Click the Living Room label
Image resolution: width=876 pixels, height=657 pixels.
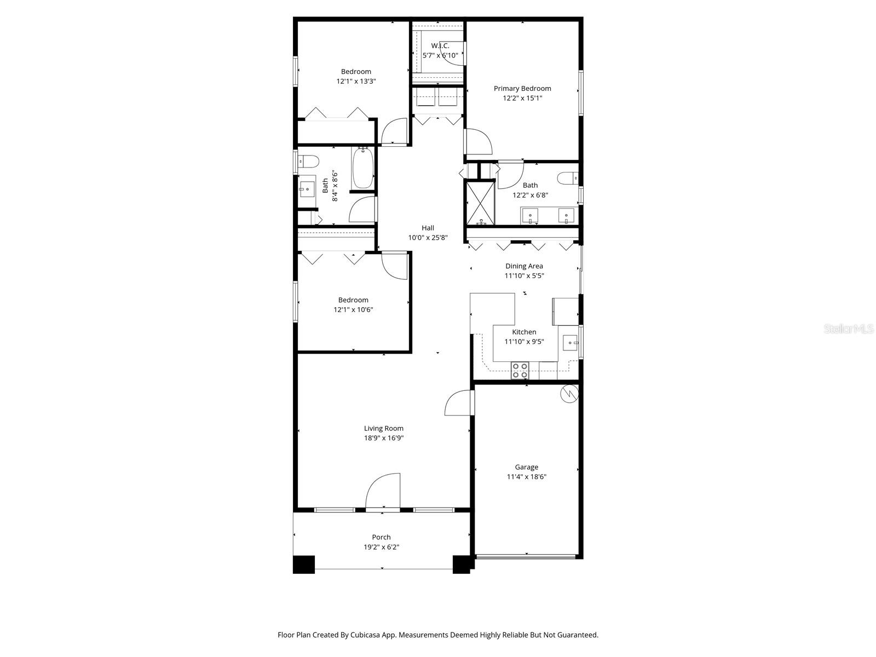(x=383, y=428)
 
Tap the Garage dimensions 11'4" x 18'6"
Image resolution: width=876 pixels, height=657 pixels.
(x=526, y=476)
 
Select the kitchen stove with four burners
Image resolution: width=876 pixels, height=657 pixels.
(x=520, y=371)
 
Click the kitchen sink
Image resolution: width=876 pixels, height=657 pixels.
(x=570, y=343)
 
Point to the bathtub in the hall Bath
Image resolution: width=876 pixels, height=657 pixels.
(x=362, y=168)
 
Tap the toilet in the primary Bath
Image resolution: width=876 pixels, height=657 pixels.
(x=567, y=178)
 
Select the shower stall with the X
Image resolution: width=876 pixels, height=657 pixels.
(x=481, y=203)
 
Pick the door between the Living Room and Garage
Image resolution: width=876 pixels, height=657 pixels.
(x=459, y=404)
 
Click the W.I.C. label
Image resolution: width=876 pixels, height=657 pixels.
(x=440, y=45)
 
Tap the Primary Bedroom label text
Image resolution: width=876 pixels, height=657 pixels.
(x=522, y=88)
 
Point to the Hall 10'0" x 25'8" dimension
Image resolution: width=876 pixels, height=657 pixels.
(x=428, y=238)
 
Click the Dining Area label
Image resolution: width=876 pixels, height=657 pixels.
(x=523, y=266)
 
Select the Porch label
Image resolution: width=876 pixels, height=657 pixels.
(x=381, y=537)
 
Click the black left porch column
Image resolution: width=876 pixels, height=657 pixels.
(x=304, y=564)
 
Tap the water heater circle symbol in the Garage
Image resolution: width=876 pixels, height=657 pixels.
(x=570, y=393)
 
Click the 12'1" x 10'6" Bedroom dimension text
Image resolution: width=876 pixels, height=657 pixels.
(x=353, y=309)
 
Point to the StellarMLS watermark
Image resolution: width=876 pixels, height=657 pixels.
(x=849, y=328)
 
